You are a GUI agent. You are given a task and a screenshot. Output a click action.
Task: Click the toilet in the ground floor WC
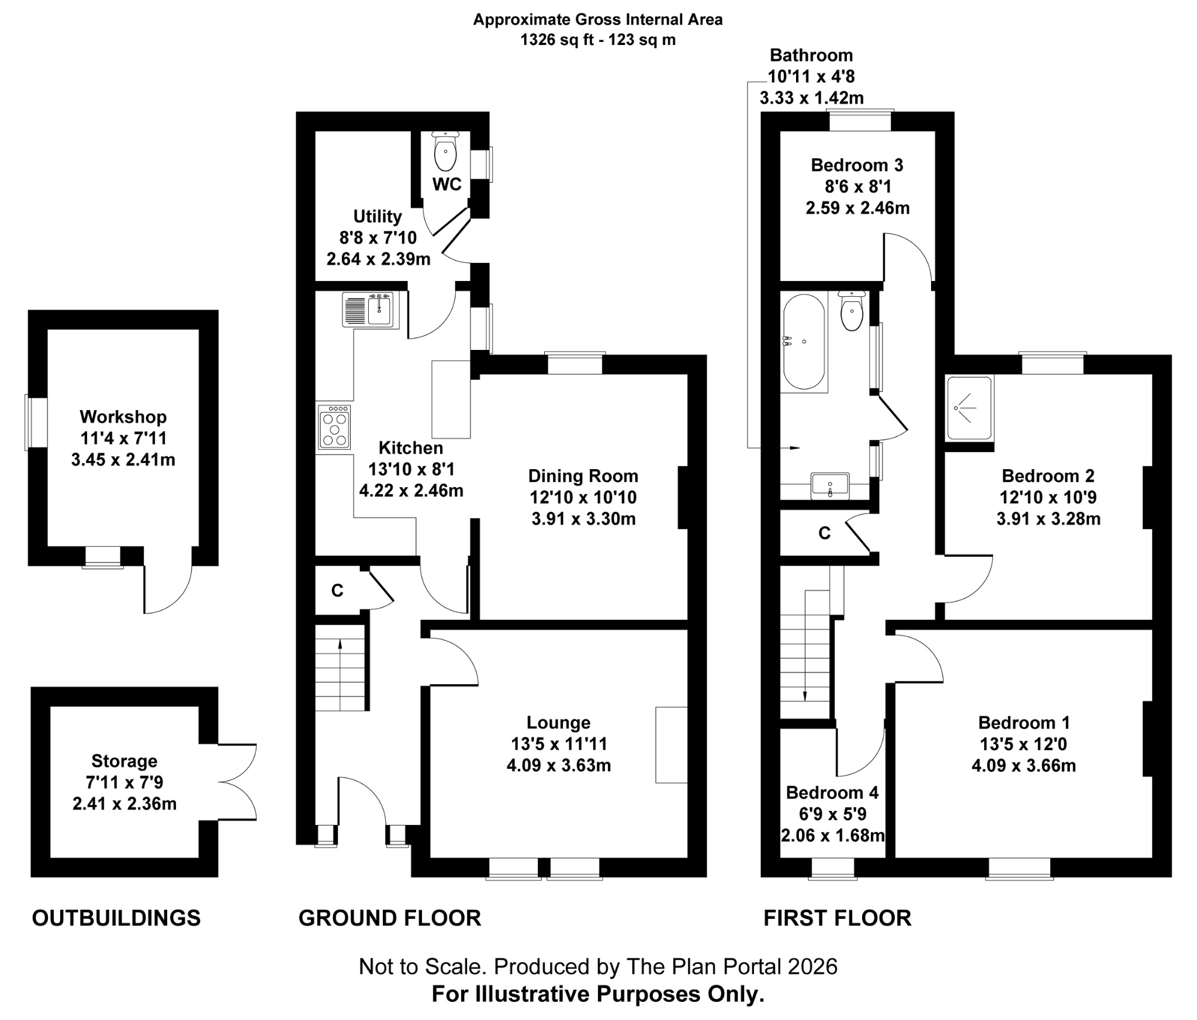(x=445, y=153)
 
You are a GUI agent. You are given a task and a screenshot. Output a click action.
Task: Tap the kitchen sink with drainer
(x=371, y=310)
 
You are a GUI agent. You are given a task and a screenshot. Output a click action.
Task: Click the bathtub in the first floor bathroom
(x=804, y=342)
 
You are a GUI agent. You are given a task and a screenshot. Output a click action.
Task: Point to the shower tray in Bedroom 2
(x=969, y=408)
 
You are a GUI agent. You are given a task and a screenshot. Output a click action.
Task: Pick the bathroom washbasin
(x=830, y=486)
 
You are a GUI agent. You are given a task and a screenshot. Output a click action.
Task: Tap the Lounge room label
(x=558, y=723)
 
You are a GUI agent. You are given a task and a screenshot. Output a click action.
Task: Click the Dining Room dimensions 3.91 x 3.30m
(x=583, y=519)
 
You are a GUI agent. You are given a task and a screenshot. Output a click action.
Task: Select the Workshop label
(x=123, y=417)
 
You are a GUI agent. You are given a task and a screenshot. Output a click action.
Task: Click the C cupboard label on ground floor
(x=337, y=591)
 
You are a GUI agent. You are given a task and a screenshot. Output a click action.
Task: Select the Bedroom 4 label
(x=832, y=793)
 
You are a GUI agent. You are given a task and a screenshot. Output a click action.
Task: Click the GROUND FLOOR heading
(x=389, y=918)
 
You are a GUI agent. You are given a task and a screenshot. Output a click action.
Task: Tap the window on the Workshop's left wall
(x=27, y=422)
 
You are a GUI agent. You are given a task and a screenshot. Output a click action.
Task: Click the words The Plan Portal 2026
(x=731, y=967)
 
